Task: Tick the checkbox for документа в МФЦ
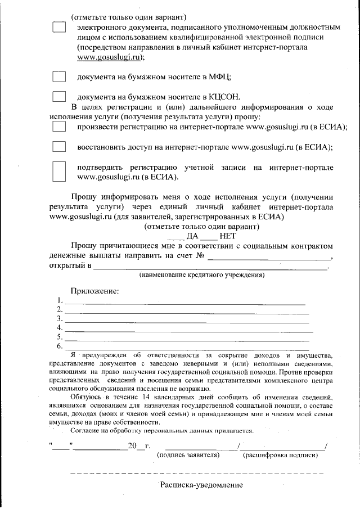tap(59, 76)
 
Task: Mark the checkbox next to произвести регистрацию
tap(59, 128)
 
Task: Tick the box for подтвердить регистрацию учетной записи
tap(59, 172)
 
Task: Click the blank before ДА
tap(176, 236)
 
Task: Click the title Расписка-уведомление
tap(201, 485)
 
